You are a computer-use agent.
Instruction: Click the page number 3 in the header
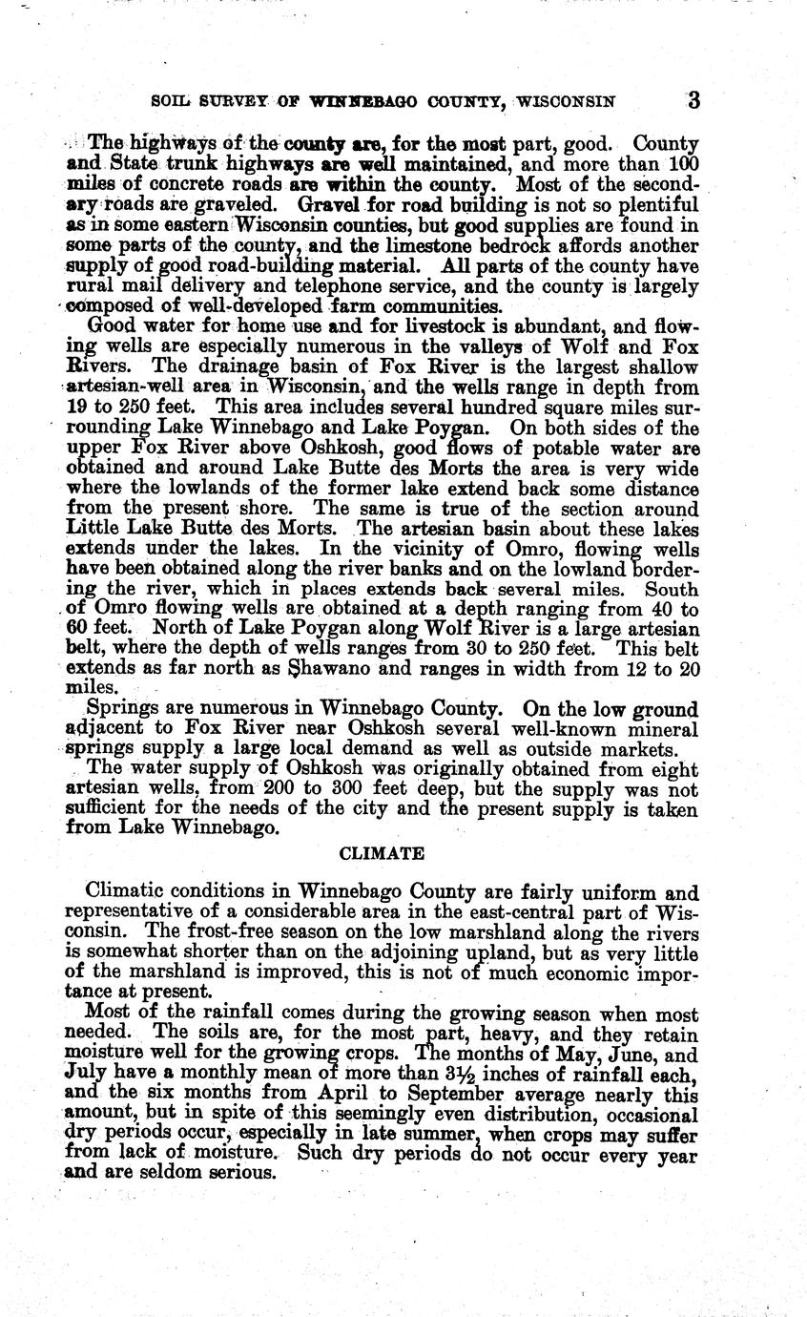[693, 100]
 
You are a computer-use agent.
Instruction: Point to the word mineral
[657, 730]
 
